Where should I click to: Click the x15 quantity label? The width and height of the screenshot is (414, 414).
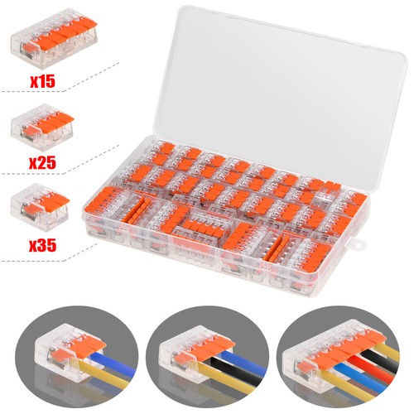coord(42,81)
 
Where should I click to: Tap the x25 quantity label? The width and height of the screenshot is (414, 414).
coord(42,162)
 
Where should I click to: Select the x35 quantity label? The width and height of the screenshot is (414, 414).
coord(42,244)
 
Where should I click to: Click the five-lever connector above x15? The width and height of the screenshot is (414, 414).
coord(54,38)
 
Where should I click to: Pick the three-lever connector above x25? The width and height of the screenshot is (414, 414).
coord(42,128)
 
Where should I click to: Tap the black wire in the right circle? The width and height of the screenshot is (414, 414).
coord(379,362)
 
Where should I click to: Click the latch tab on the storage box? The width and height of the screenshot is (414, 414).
coord(359,243)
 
